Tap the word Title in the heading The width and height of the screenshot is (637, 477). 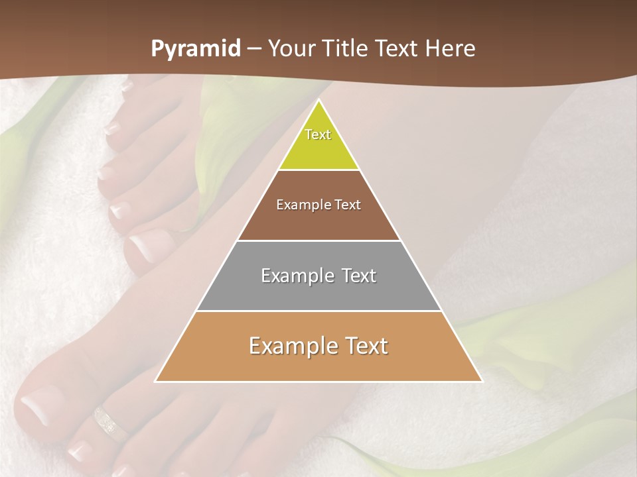point(348,48)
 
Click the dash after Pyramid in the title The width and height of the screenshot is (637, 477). point(254,49)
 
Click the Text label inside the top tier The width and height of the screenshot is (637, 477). point(318,134)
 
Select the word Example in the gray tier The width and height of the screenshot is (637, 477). point(295,276)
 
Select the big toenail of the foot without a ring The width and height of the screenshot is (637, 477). point(149,246)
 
